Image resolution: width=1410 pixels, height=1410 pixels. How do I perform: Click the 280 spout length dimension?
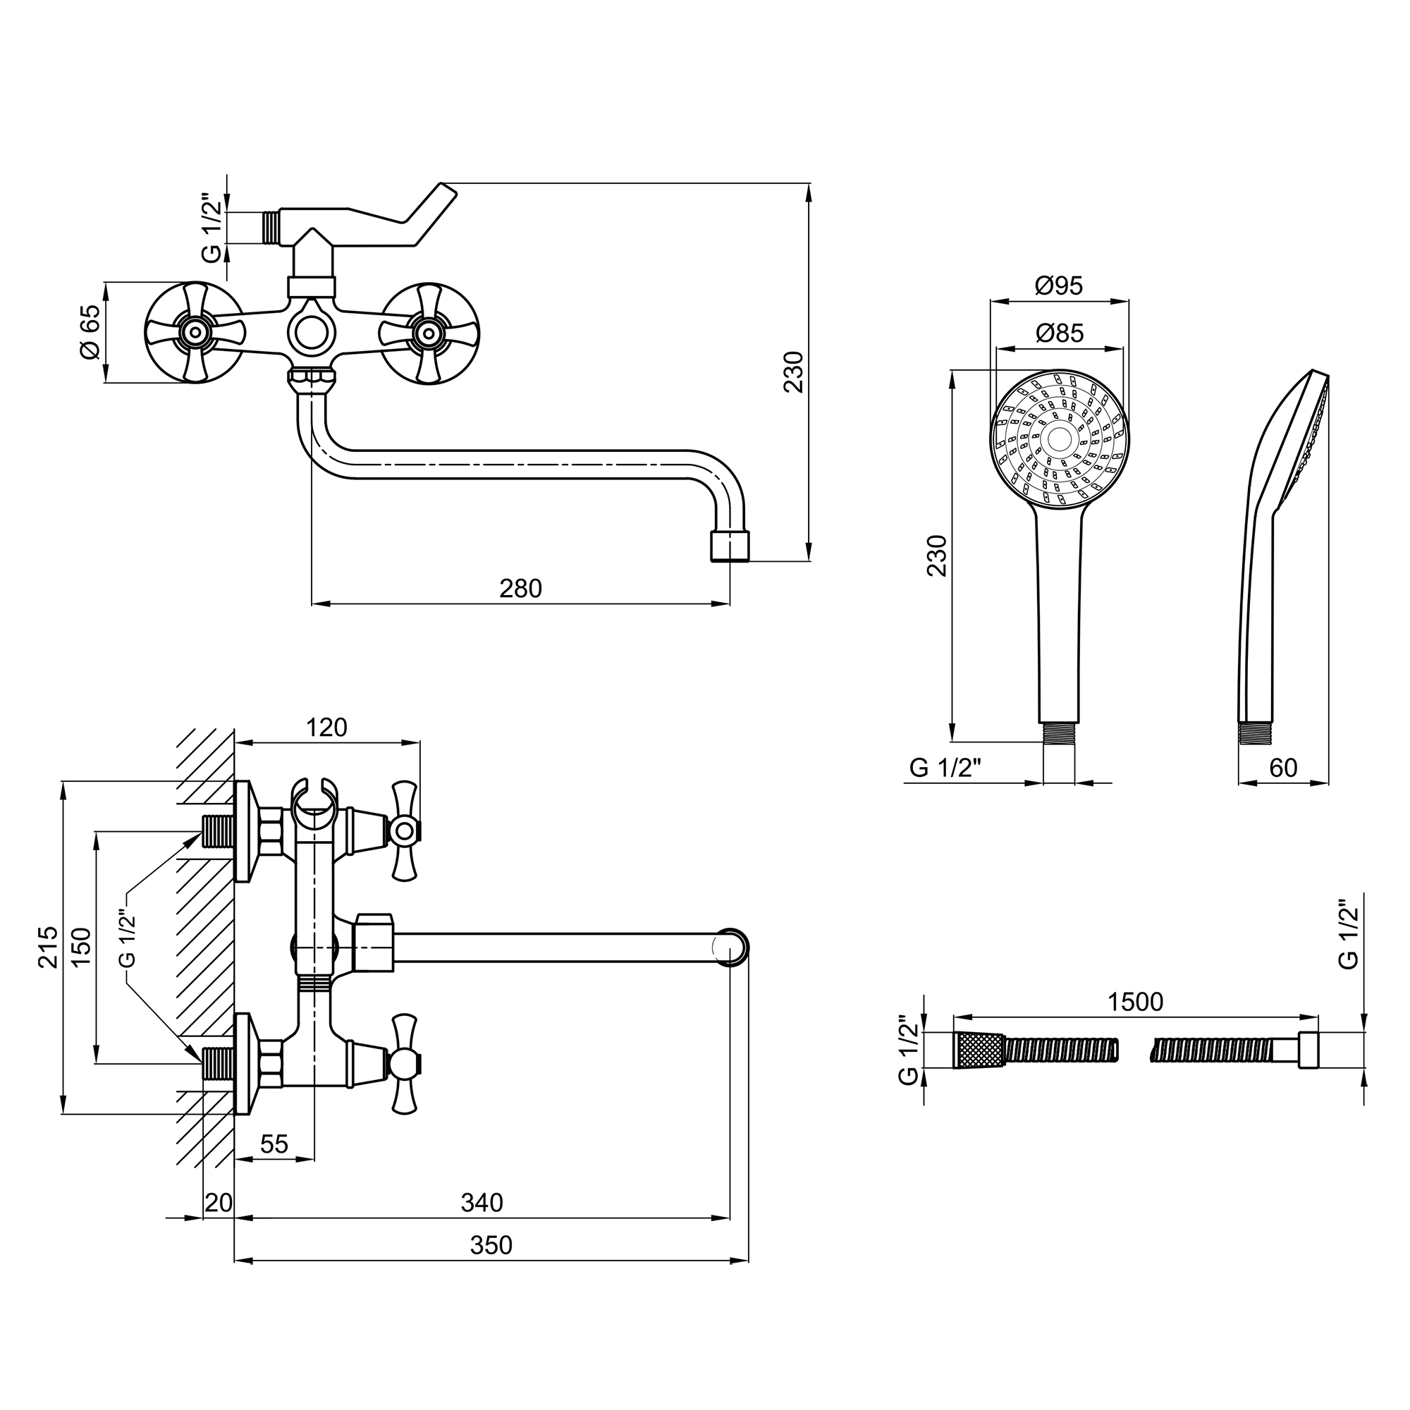[x=520, y=589]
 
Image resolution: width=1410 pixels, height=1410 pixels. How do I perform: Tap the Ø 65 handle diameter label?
[x=90, y=331]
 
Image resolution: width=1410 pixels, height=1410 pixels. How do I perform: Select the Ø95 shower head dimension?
[x=1059, y=286]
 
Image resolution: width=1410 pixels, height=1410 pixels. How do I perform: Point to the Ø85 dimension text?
[x=1060, y=333]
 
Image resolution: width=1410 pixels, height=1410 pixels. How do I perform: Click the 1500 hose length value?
[x=1136, y=1002]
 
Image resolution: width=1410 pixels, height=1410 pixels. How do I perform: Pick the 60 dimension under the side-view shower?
[x=1284, y=768]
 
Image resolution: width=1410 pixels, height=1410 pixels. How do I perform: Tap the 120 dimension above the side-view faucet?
[x=326, y=728]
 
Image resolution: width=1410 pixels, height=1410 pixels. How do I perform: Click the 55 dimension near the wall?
[x=274, y=1144]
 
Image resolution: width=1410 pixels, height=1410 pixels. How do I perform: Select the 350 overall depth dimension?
[x=491, y=1245]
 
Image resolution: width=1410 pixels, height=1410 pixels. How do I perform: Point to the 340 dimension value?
[x=482, y=1202]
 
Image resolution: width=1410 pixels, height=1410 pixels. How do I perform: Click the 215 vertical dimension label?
[x=49, y=948]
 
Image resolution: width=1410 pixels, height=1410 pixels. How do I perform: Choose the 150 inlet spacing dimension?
[x=82, y=948]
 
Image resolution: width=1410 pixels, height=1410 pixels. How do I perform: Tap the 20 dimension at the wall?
[x=219, y=1202]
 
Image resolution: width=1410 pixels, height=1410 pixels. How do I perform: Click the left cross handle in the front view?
[x=194, y=333]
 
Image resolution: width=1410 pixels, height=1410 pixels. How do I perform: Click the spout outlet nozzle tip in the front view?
[x=730, y=546]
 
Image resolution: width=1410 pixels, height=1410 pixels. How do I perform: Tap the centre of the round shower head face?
[x=1059, y=438]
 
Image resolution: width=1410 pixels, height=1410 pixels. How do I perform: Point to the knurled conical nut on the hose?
[x=978, y=1051]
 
